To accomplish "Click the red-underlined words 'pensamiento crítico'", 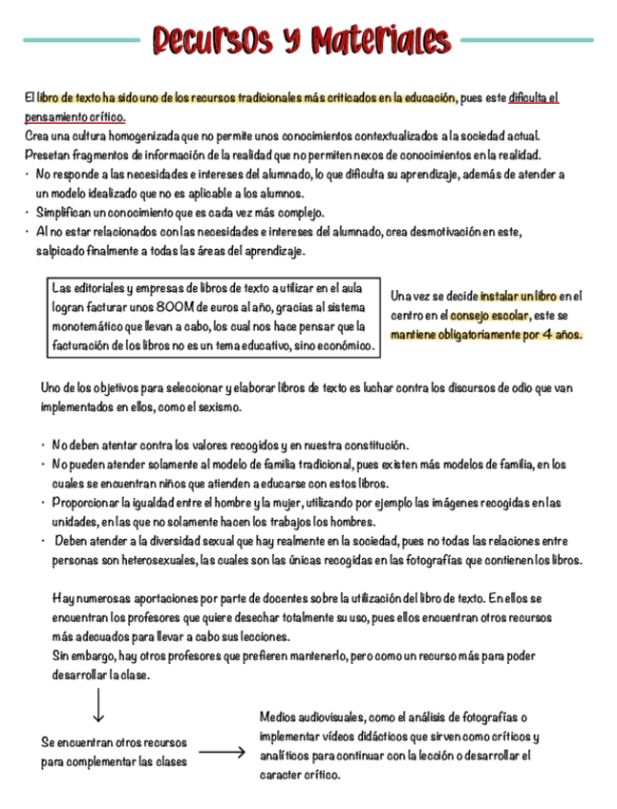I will click(74, 116).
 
